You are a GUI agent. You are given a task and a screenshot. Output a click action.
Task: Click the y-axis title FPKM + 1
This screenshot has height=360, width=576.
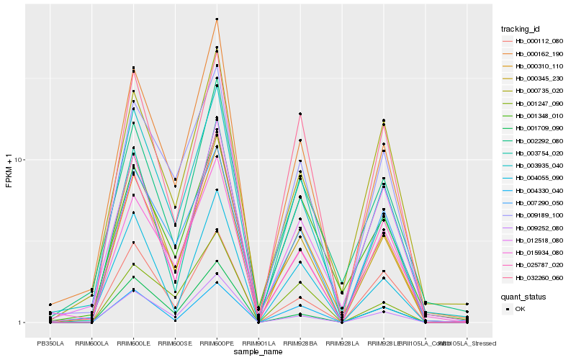(x=9, y=171)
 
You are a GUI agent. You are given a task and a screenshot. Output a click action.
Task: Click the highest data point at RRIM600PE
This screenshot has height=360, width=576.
(x=217, y=19)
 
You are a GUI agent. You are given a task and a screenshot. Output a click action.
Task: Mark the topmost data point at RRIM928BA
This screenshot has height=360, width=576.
(x=300, y=114)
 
